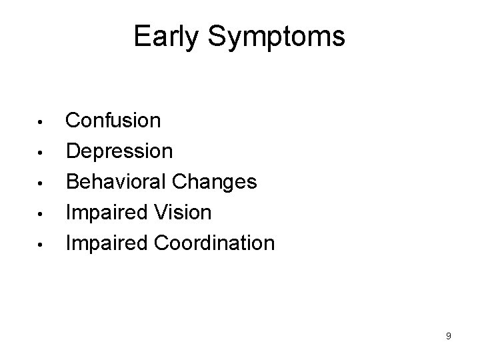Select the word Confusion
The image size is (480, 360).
pyautogui.click(x=113, y=121)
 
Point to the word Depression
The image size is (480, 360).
pyautogui.click(x=119, y=151)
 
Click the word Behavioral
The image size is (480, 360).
pyautogui.click(x=117, y=182)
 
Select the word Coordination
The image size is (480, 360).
pyautogui.click(x=214, y=243)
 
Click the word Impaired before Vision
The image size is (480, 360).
pyautogui.click(x=107, y=213)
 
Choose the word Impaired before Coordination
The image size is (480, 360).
pyautogui.click(x=107, y=243)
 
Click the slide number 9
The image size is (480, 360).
pyautogui.click(x=449, y=336)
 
